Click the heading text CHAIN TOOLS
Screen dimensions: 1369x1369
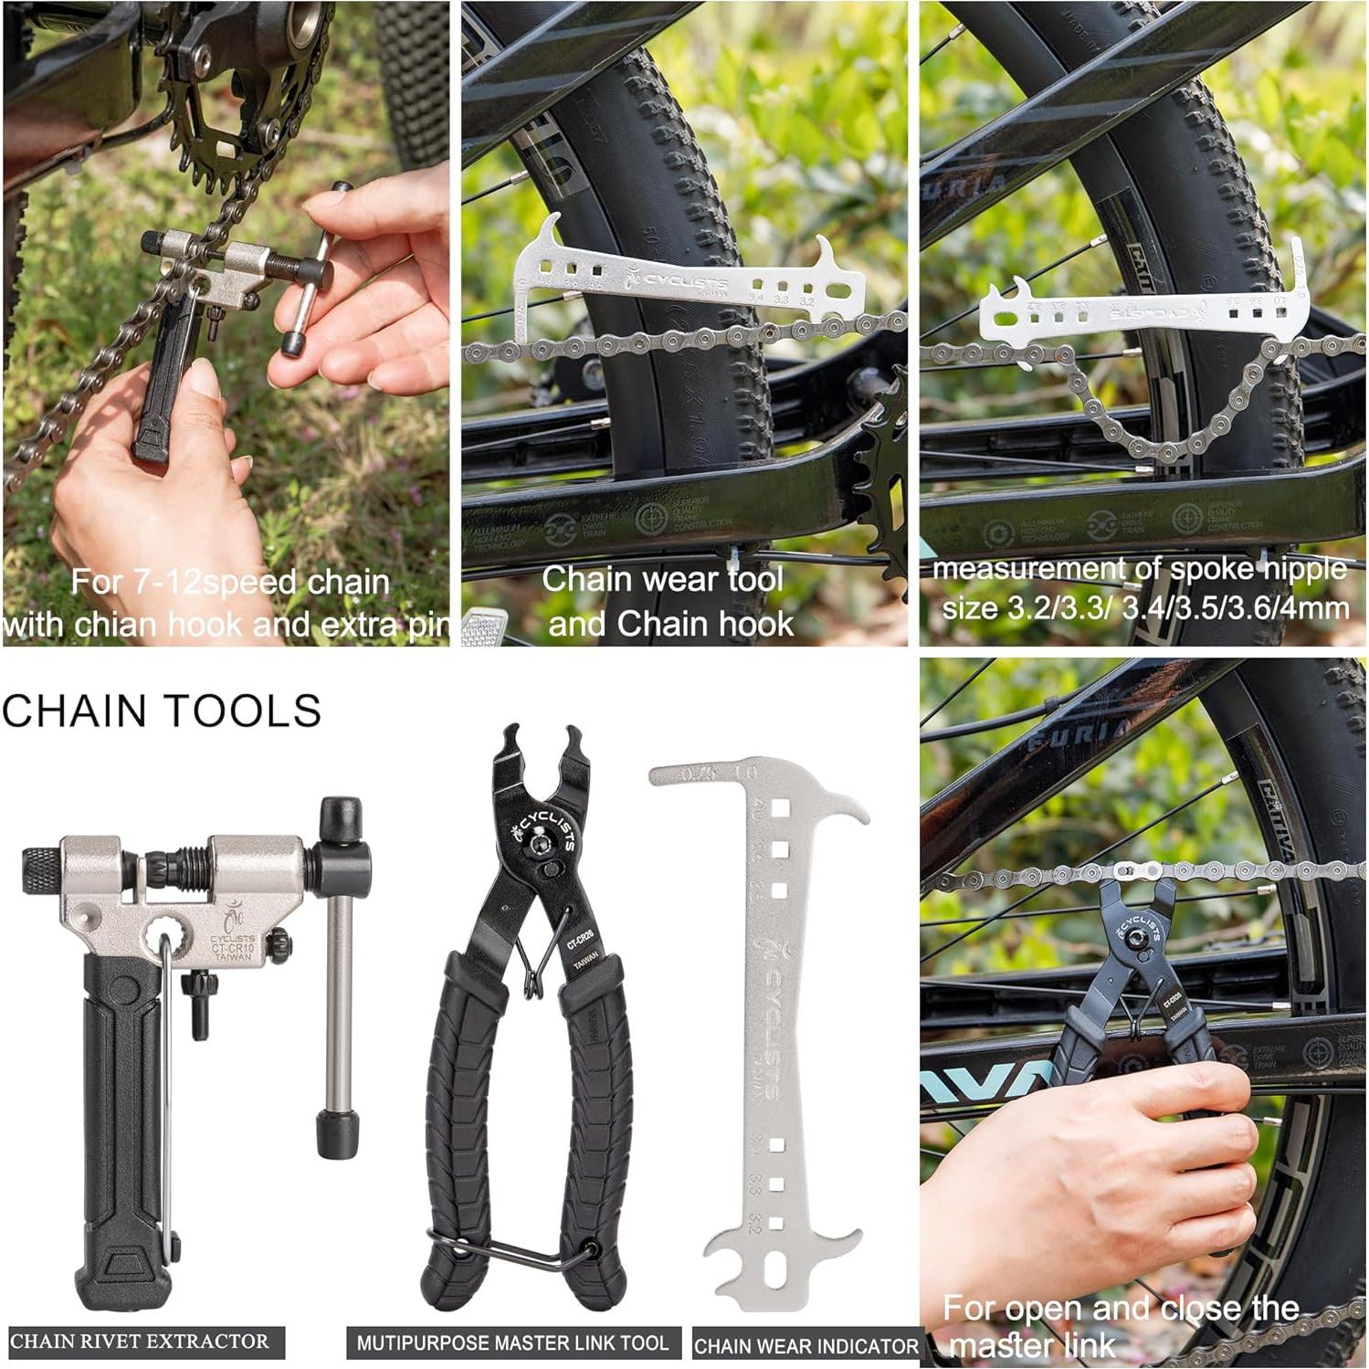coord(162,711)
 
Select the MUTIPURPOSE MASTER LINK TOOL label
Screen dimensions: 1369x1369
coord(512,1343)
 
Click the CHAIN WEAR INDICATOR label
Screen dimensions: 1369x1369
coord(806,1346)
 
